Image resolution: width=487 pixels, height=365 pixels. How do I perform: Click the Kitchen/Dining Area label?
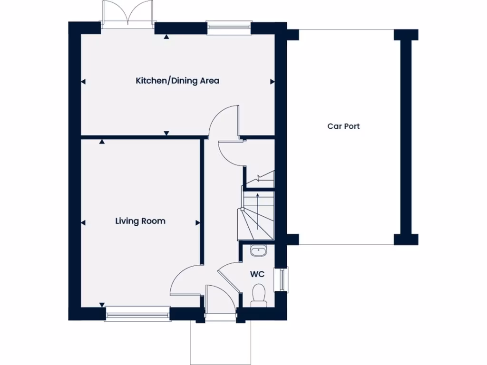177,81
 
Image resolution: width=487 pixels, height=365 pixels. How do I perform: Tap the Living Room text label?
140,221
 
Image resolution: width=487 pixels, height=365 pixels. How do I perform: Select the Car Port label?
343,126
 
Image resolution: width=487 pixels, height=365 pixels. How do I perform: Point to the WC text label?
257,275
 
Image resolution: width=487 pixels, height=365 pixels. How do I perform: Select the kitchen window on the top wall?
229,28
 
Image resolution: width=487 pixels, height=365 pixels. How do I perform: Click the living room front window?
137,314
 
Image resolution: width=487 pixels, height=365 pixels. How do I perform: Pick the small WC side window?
284,279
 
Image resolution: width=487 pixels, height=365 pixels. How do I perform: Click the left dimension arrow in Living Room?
84,222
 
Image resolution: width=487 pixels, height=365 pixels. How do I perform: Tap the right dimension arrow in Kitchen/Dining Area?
273,82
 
